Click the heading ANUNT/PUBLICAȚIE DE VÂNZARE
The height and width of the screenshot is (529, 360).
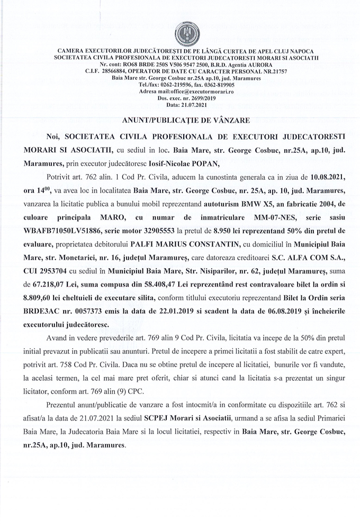tap(179, 120)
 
